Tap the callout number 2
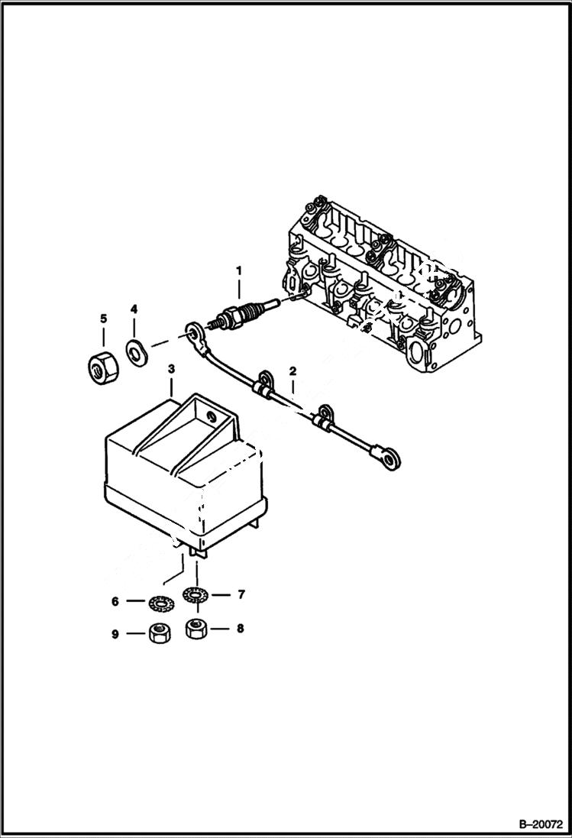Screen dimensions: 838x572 (x=292, y=372)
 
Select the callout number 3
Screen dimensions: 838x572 (x=172, y=369)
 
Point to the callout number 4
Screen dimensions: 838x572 (x=134, y=309)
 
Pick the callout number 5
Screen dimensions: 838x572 (x=103, y=318)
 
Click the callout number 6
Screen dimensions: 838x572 (x=115, y=602)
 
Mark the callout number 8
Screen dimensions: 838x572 (x=240, y=630)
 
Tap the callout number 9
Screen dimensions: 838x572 (x=115, y=634)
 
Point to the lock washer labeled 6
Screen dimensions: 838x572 (x=159, y=603)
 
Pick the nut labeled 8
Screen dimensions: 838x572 (x=197, y=630)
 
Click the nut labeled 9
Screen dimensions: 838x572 (x=157, y=633)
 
